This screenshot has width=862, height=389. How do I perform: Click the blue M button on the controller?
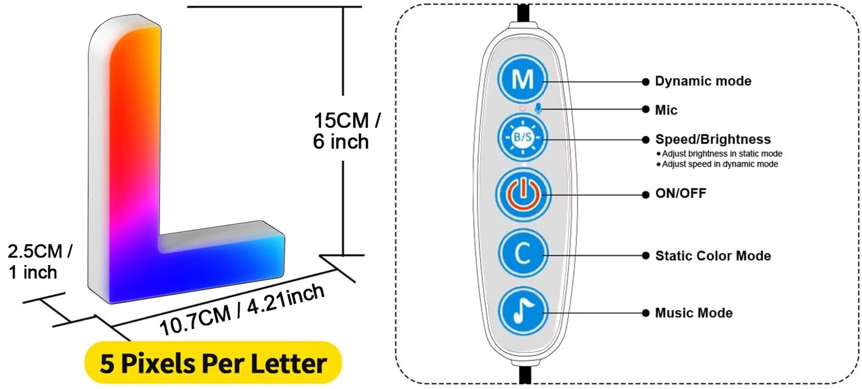point(522,80)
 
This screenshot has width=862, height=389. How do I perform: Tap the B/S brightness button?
point(522,138)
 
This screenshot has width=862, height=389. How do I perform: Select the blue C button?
point(522,254)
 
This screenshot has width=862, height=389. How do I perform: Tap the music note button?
point(522,312)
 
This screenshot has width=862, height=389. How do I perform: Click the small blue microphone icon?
point(538,108)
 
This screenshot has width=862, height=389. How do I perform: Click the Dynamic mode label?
point(703,81)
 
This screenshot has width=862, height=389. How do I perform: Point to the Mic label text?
point(666,110)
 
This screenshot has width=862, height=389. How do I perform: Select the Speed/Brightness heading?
point(713,139)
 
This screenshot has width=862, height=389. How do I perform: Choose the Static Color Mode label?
point(713,255)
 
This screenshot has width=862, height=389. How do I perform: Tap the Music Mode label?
point(694,313)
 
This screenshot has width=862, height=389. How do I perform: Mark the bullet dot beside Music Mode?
point(645,313)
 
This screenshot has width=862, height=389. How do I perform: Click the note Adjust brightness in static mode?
point(722,154)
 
